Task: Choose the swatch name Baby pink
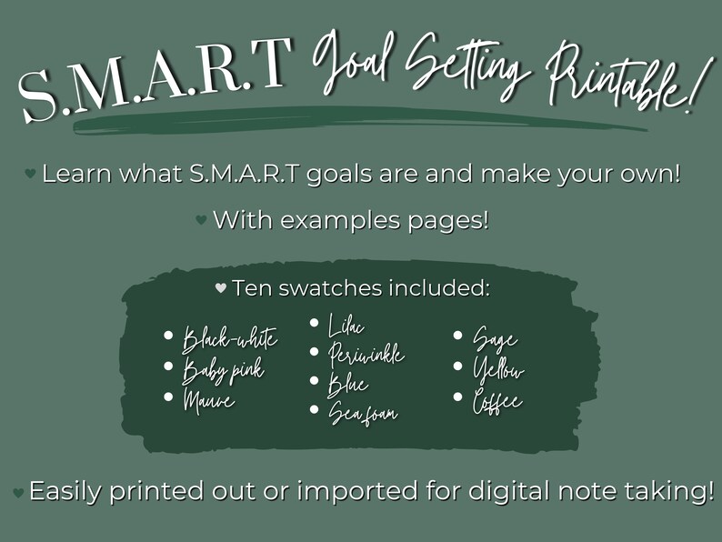224,370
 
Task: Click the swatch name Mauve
208,399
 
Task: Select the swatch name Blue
348,385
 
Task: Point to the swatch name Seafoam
363,413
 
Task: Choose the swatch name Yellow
498,370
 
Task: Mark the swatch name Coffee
497,401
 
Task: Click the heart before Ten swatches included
220,288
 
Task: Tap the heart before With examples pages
201,220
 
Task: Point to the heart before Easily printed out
17,492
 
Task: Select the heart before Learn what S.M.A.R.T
30,173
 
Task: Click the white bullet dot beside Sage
458,336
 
